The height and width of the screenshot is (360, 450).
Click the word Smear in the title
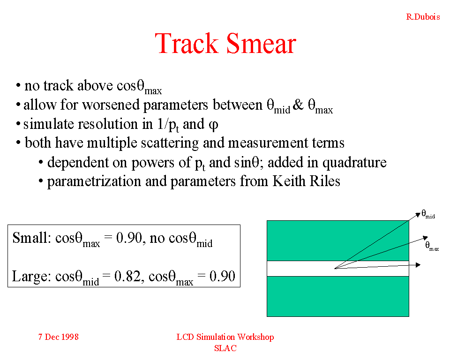click(x=261, y=43)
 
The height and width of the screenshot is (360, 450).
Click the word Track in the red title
click(x=187, y=43)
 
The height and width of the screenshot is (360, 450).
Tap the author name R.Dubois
click(x=423, y=17)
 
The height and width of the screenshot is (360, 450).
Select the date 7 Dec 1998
click(x=58, y=337)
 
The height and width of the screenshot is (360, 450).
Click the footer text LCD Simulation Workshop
click(x=225, y=337)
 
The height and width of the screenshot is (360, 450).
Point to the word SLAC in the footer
click(x=225, y=348)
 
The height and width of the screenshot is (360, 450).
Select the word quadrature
click(x=354, y=163)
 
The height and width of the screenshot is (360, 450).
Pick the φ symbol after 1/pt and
click(x=214, y=125)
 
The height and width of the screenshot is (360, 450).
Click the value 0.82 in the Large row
click(x=128, y=276)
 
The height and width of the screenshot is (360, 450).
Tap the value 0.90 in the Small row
click(x=129, y=238)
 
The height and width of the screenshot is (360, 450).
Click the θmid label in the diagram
click(x=428, y=214)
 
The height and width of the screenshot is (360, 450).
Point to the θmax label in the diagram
click(x=432, y=246)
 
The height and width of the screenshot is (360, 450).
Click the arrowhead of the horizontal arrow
click(x=418, y=265)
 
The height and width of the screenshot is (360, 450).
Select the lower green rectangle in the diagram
click(x=338, y=296)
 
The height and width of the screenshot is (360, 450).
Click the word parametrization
click(x=94, y=181)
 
